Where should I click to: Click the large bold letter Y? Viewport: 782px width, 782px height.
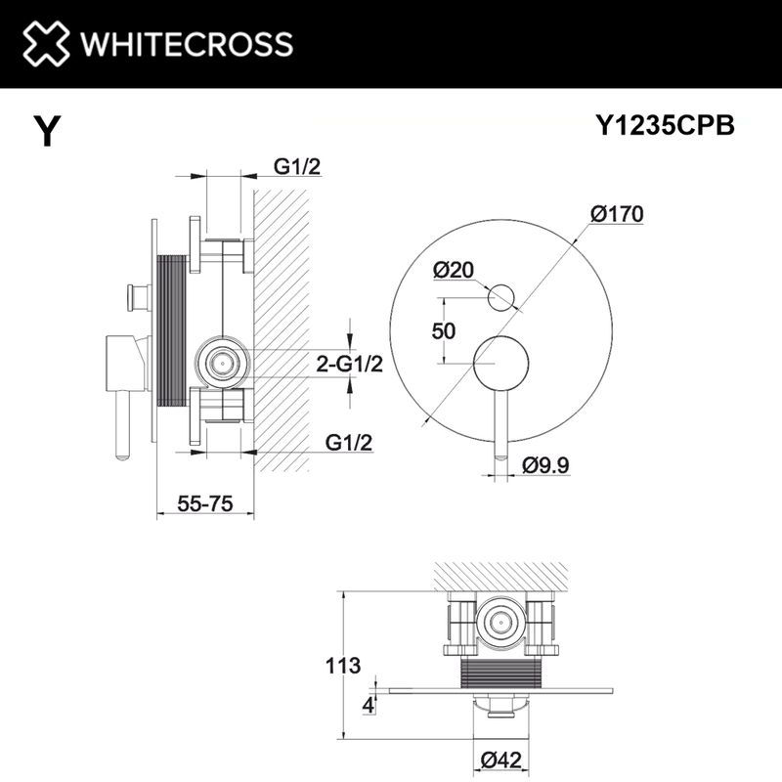(46, 131)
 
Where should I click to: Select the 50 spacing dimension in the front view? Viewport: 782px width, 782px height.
(444, 330)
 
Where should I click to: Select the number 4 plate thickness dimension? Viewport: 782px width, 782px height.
(368, 705)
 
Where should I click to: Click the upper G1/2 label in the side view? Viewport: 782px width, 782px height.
(297, 167)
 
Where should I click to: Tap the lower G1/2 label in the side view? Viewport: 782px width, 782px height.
(350, 443)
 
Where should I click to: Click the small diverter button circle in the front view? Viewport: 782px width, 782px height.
(502, 294)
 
